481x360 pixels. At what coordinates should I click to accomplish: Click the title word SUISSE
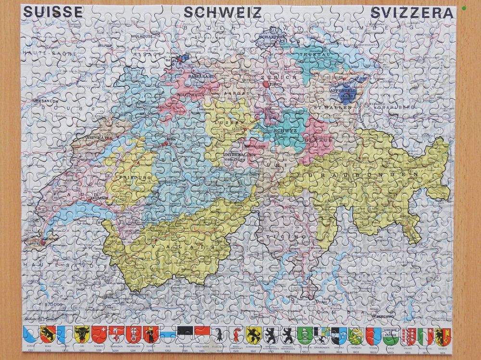[53, 12]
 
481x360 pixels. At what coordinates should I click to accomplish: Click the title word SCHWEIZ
[222, 12]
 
